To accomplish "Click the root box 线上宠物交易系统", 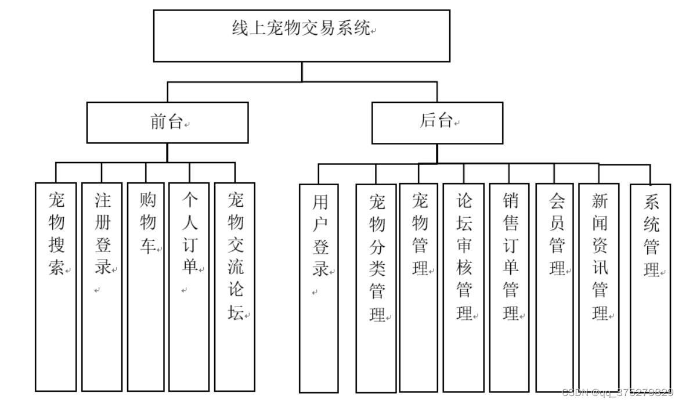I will point(301,35).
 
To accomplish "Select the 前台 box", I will point(167,123).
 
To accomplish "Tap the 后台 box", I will point(437,123).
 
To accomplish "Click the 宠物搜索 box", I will point(56,286).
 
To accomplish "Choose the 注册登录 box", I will point(102,286).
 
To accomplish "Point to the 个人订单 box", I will point(189,286).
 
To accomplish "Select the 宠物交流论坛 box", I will point(235,286).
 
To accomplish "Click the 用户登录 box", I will point(319,288).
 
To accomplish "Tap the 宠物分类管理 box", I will point(376,288).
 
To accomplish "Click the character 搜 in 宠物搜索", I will point(56,245).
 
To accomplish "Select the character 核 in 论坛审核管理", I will point(464,268).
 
